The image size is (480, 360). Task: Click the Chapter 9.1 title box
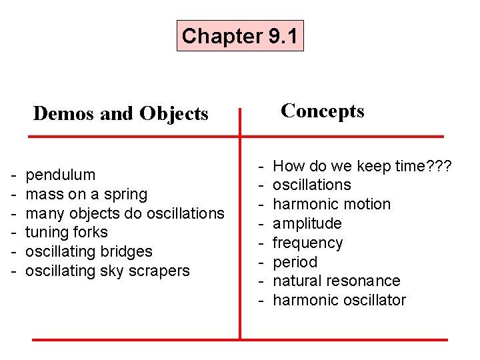coord(240,36)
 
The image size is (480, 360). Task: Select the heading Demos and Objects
coord(121,114)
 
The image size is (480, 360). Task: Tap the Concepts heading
coord(323,111)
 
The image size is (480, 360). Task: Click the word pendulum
coord(60,175)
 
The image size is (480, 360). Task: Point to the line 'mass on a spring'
coord(86,194)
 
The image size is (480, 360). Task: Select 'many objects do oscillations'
coord(125,213)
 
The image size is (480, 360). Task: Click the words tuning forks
coord(66,232)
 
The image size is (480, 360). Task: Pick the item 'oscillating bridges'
coord(89,251)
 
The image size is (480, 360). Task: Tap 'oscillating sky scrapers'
coord(107,271)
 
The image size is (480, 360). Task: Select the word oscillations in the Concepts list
coord(312,185)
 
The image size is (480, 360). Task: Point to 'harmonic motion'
coord(332,204)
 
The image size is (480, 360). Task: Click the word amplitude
coord(307,223)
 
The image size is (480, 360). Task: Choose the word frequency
coord(308,243)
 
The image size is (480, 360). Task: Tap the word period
coord(295,262)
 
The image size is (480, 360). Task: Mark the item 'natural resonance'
coord(337,281)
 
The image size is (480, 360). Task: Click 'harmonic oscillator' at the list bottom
coord(339,300)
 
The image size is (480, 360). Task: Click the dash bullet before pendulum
coord(13,175)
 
